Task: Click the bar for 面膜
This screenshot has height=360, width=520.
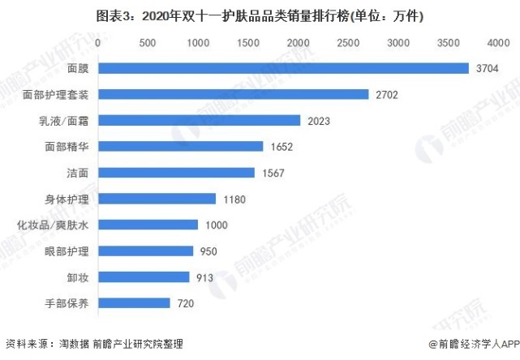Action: (283, 68)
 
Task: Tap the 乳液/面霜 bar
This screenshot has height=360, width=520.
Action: (200, 121)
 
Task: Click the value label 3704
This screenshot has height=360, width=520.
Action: (488, 68)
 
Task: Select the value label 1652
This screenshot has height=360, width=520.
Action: (281, 147)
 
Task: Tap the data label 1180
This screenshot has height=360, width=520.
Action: (234, 199)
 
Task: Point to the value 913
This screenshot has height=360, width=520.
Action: (204, 277)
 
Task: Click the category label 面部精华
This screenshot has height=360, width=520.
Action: (67, 147)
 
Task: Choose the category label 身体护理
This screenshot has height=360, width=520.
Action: (67, 199)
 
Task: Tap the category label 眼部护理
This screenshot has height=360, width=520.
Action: (67, 251)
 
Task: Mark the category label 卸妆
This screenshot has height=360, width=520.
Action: (79, 277)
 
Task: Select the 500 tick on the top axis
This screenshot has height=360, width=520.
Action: (148, 41)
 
